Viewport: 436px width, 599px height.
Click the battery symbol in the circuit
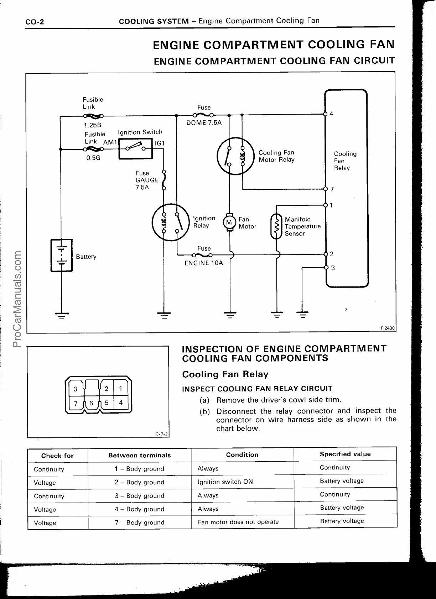pos(62,255)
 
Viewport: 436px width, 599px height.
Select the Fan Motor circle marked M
pos(229,222)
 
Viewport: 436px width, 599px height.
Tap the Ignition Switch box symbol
pos(136,148)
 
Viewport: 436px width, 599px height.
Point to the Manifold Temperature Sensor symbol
pos(276,226)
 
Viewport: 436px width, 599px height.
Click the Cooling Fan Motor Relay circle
pos(235,156)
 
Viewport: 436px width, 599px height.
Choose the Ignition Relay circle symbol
pos(170,222)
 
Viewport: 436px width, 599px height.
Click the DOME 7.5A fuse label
pos(204,123)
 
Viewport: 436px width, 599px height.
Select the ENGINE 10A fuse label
pos(204,263)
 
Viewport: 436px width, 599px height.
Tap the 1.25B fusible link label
pos(93,125)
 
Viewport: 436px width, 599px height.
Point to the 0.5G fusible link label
pos(93,158)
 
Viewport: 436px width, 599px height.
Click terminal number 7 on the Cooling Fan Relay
pos(332,189)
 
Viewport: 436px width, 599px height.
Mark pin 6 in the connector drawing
pos(91,403)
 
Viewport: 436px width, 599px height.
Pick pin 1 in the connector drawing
pos(121,389)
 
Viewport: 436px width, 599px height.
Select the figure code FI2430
pos(388,328)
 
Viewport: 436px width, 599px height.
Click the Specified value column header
pos(345,454)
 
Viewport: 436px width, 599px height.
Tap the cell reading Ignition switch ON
pos(225,482)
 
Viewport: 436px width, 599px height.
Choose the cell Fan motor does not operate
pos(238,522)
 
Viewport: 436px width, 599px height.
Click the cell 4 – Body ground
pos(139,509)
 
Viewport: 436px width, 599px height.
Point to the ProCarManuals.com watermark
pos(16,299)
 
